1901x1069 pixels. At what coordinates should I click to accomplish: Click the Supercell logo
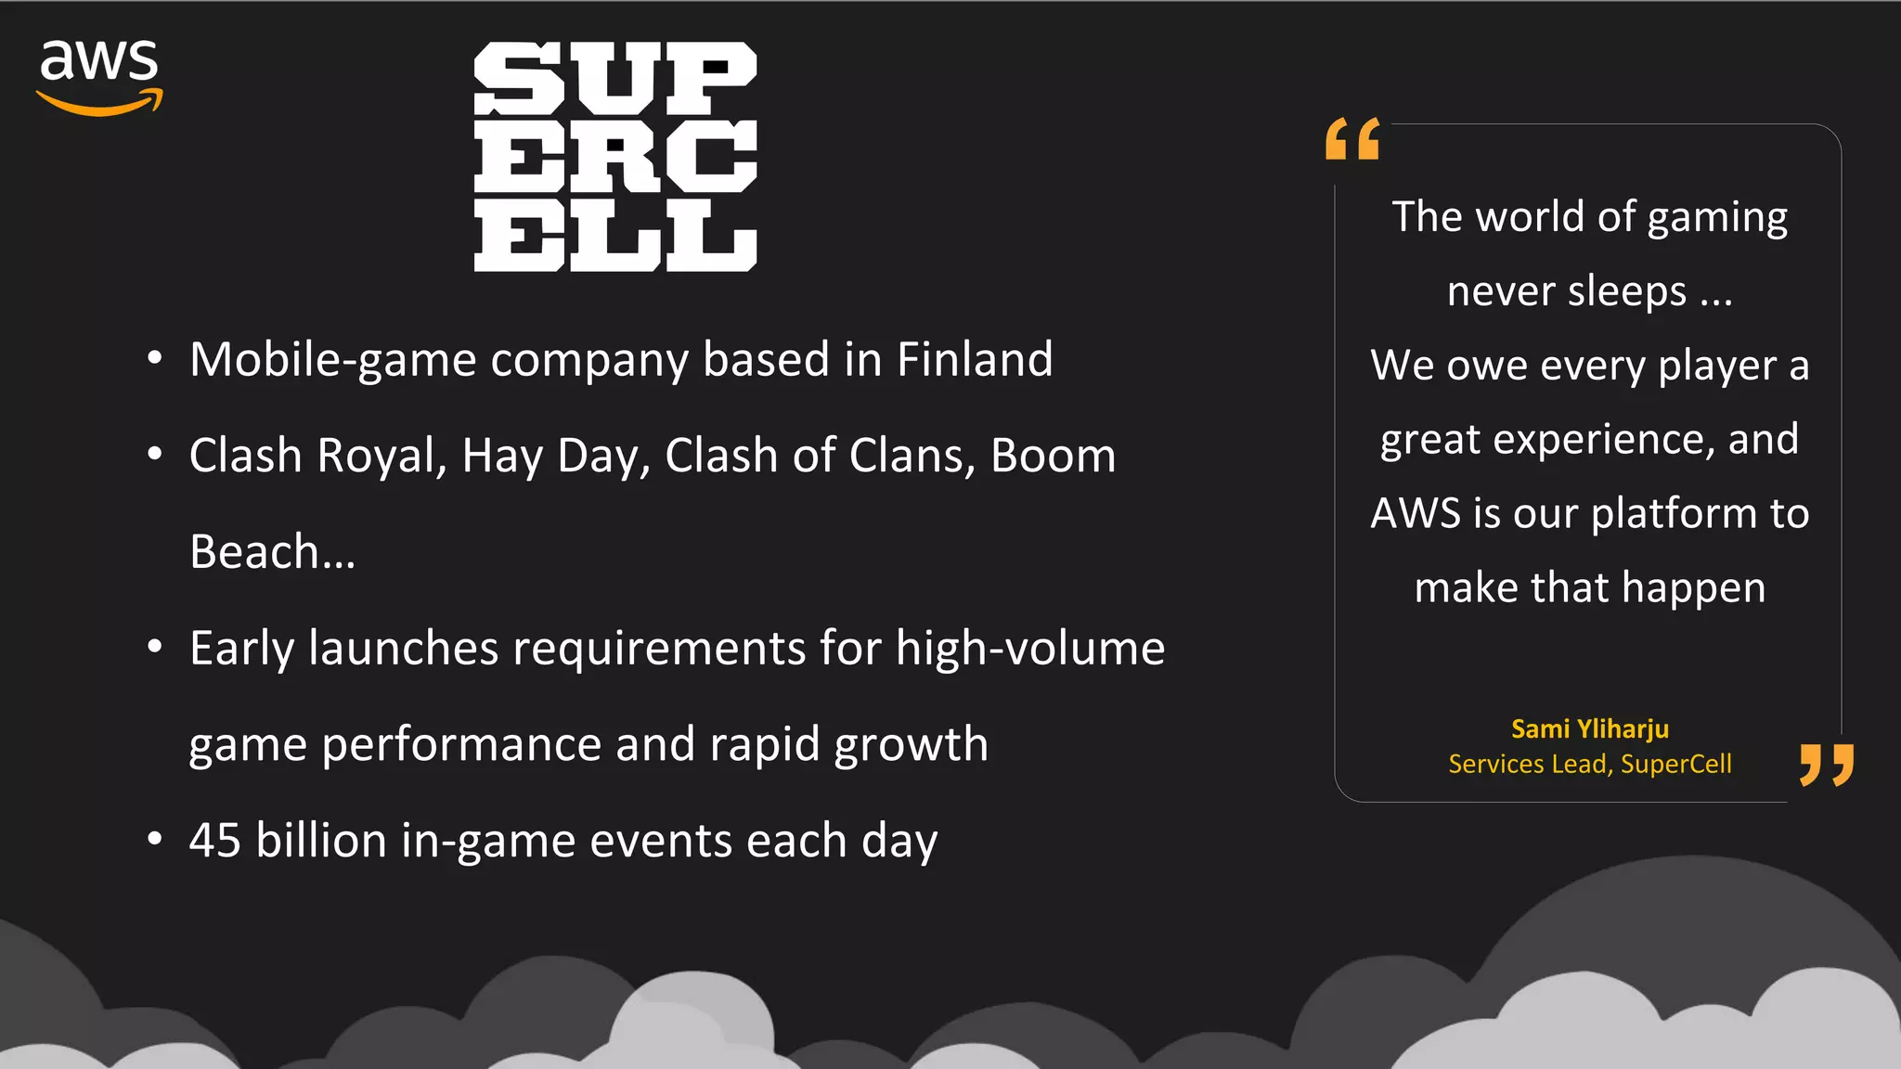tap(615, 157)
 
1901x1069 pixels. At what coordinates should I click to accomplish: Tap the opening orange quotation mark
tap(1352, 139)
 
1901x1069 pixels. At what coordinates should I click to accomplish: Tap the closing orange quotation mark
tap(1826, 764)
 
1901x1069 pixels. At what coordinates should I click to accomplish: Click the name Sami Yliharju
tap(1589, 729)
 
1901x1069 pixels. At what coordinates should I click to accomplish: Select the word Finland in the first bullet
tap(975, 360)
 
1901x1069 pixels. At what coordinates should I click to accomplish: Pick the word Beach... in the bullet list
tap(272, 552)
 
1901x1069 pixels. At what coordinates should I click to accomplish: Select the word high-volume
tap(1029, 649)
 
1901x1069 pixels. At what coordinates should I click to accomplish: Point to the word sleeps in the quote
tap(1626, 292)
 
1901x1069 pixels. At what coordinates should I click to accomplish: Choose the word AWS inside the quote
tap(1416, 513)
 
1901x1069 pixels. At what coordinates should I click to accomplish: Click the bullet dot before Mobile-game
tap(155, 358)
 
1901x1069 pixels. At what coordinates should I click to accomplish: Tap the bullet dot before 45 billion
tap(155, 839)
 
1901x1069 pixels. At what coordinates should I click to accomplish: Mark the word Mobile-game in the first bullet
tap(332, 360)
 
